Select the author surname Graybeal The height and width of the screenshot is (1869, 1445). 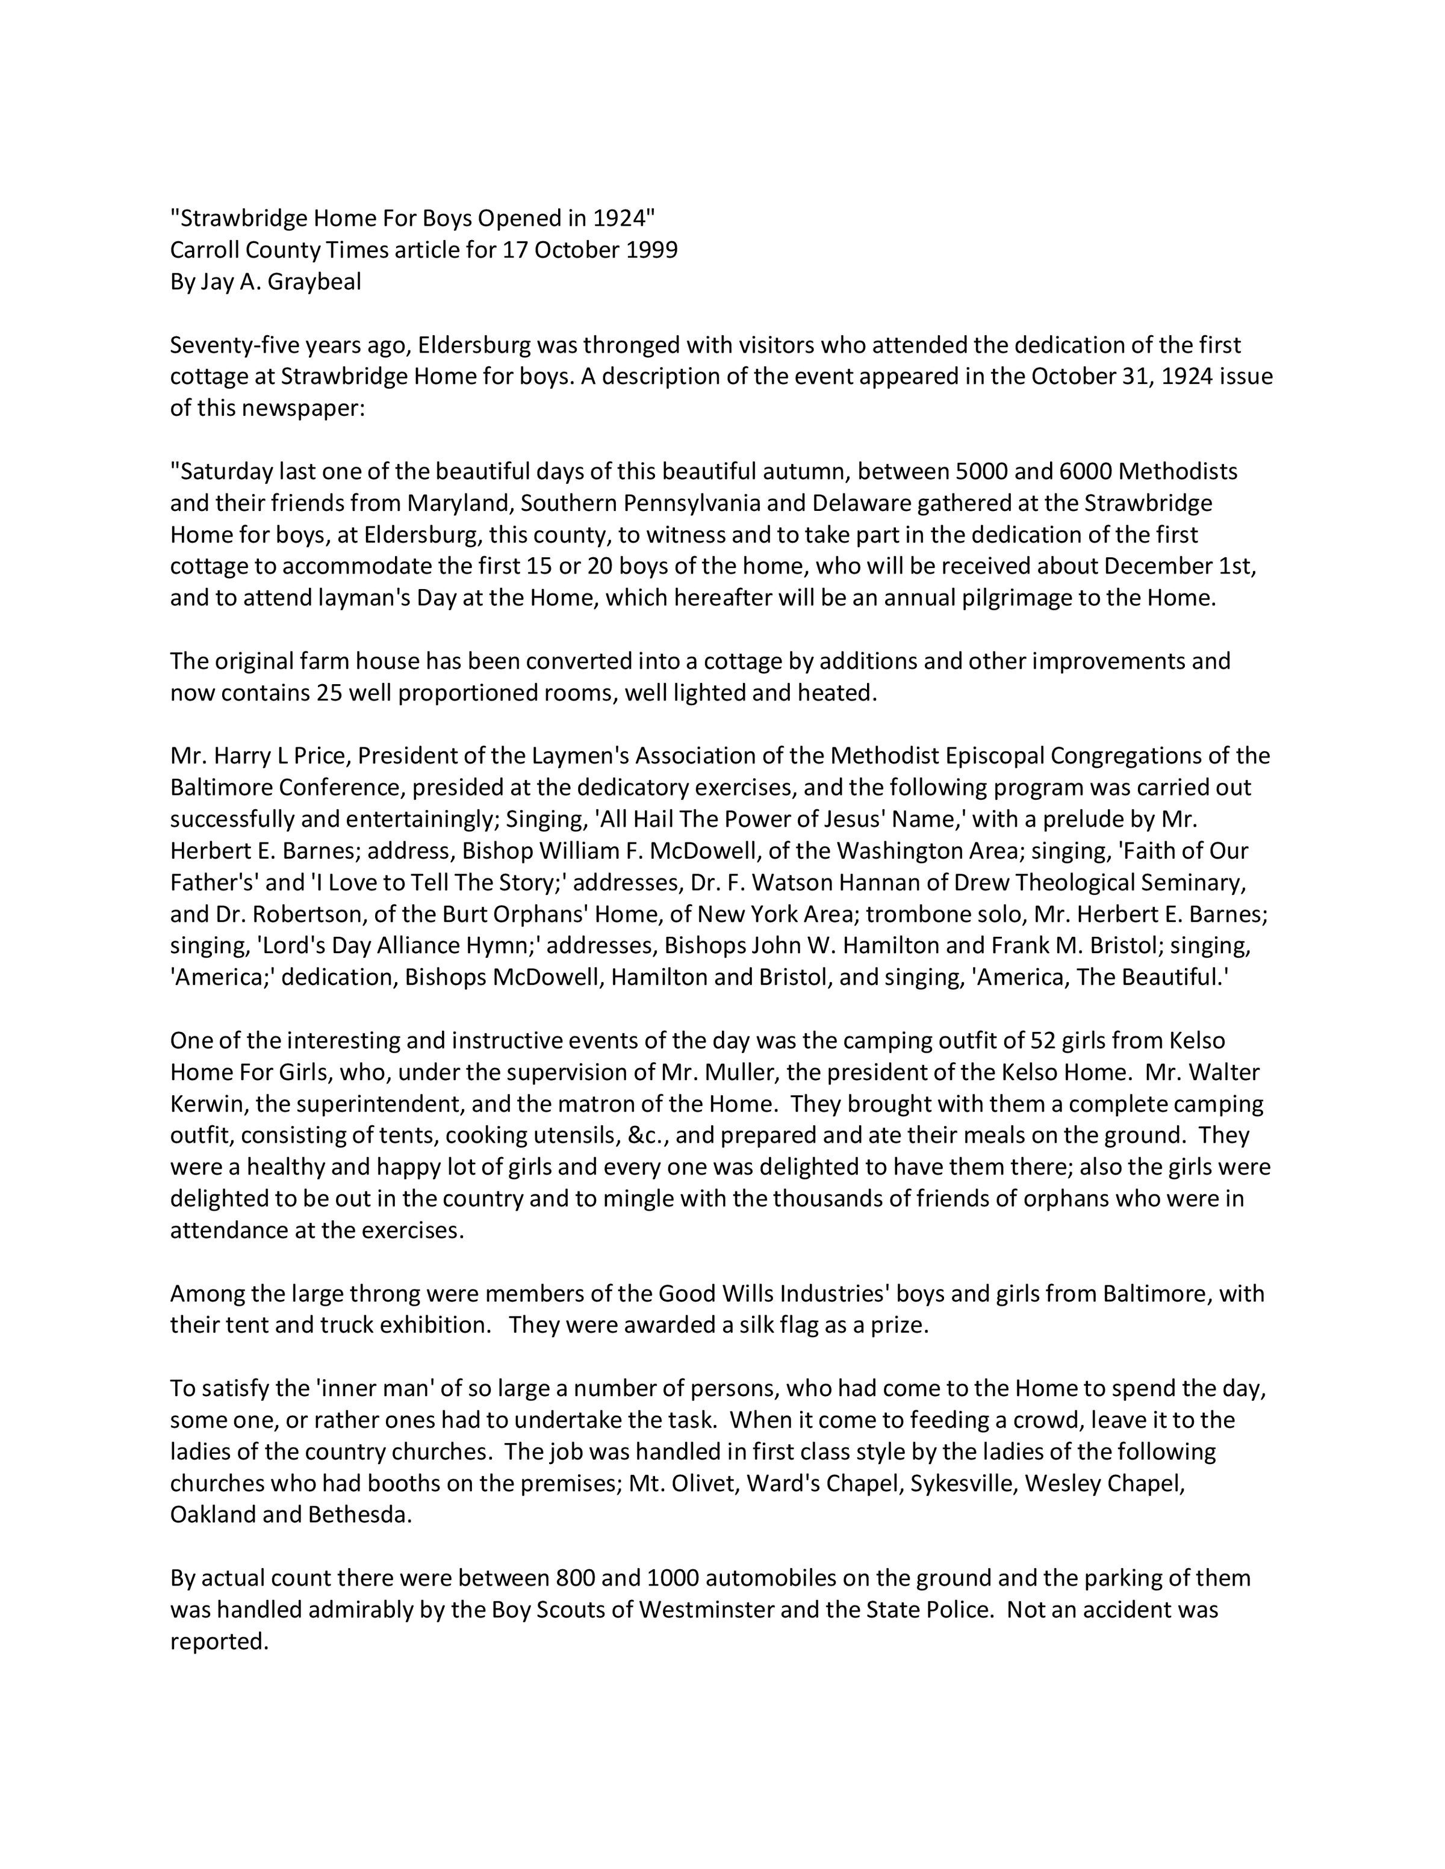[314, 282]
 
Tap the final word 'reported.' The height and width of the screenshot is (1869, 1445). [220, 1642]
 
